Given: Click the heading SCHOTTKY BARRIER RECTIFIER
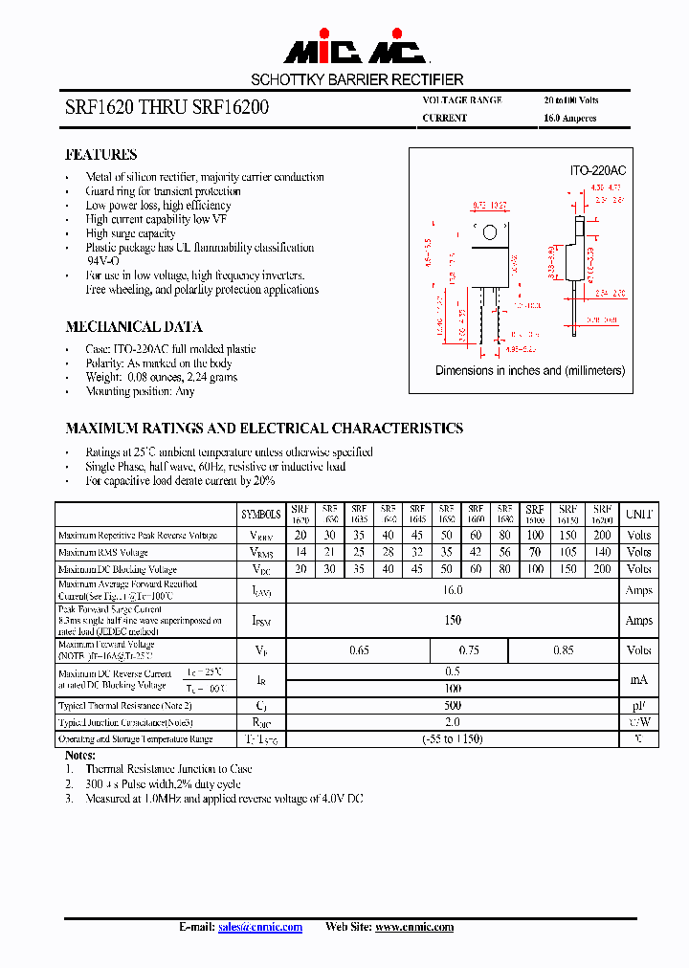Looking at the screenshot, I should (357, 79).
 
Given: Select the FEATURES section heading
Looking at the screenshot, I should (100, 154).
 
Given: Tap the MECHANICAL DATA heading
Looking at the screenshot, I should (133, 326).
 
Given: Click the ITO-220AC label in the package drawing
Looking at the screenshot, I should (598, 170).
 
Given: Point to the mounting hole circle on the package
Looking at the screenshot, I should (490, 231).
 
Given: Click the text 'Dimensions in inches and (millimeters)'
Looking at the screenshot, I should (530, 370).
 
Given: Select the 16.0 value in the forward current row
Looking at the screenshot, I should (453, 591).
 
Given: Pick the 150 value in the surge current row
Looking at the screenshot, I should (453, 620).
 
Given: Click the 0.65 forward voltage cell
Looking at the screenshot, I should (359, 651).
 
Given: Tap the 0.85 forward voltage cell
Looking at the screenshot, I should (563, 651).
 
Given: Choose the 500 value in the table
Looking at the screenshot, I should (453, 706).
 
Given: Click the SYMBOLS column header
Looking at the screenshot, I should (260, 514).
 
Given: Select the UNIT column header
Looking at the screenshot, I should (638, 514).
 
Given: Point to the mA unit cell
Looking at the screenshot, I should (638, 680).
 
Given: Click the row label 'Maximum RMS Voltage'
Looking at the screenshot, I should (103, 553).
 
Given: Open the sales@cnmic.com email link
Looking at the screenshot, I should (260, 927).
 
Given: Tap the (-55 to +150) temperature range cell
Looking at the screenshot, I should (453, 739).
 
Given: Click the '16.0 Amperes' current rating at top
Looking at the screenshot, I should (569, 119).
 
